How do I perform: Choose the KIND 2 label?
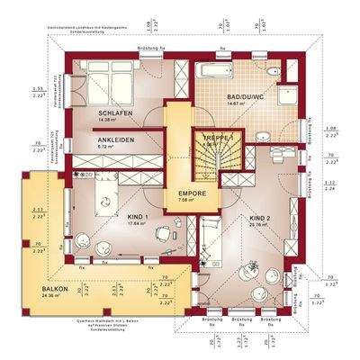(x=260, y=218)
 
